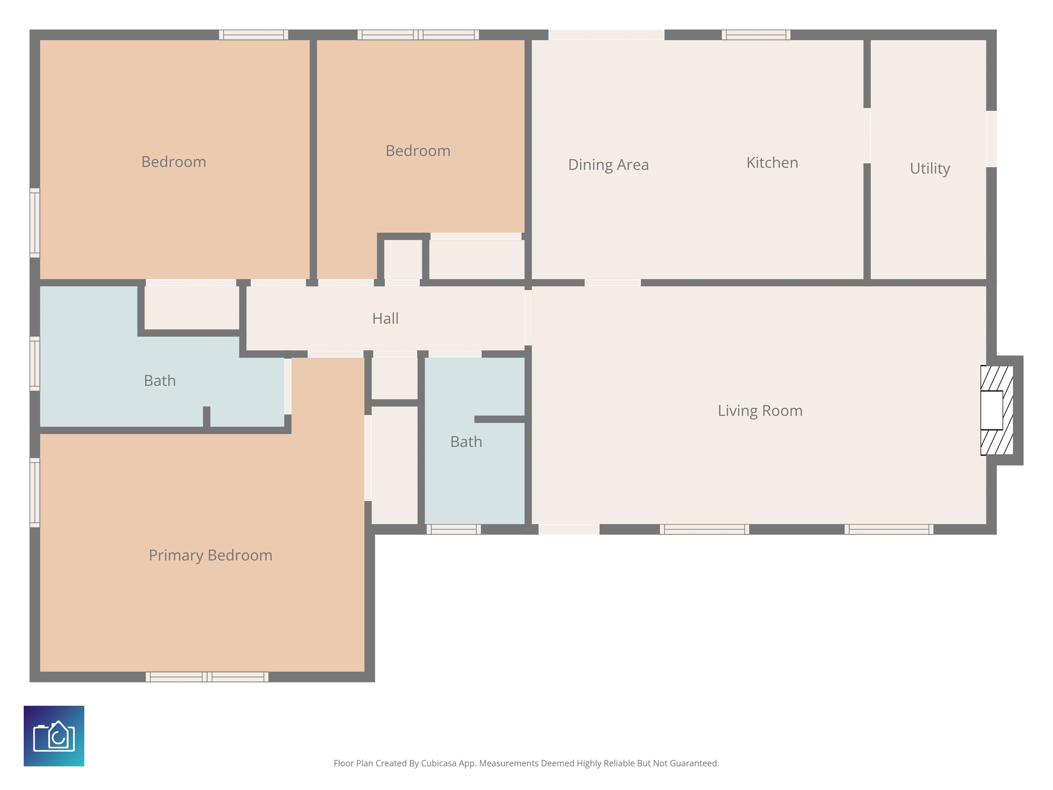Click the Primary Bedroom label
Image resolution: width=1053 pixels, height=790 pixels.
click(x=210, y=555)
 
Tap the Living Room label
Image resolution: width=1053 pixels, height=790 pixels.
click(x=760, y=410)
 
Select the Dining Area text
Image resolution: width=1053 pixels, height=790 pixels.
click(x=608, y=165)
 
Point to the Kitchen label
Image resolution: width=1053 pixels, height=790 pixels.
click(x=772, y=163)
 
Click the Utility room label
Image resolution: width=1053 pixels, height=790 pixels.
click(x=930, y=169)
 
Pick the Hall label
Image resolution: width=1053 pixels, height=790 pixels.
click(x=386, y=318)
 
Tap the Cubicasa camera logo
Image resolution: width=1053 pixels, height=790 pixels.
click(x=54, y=736)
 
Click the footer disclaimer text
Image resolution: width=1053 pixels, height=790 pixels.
click(x=526, y=763)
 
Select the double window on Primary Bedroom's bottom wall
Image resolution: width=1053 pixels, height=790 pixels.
click(x=207, y=677)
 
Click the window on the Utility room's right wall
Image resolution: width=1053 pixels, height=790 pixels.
click(x=992, y=139)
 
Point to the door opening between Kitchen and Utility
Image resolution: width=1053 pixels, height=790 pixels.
click(x=867, y=136)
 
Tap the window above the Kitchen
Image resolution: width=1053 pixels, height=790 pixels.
click(x=756, y=35)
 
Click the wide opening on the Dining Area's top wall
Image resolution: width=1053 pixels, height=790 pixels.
click(x=606, y=35)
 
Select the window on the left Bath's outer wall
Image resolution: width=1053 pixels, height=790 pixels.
click(x=35, y=364)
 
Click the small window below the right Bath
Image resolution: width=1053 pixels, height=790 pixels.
click(x=454, y=529)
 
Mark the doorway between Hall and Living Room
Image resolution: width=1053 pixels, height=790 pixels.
click(x=528, y=318)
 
